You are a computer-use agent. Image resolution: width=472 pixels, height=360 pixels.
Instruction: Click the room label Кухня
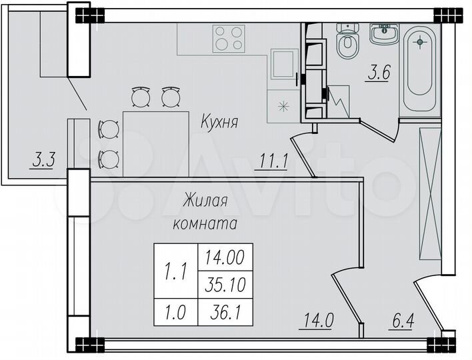[220, 122]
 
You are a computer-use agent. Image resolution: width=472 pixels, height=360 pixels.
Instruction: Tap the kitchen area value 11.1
[273, 161]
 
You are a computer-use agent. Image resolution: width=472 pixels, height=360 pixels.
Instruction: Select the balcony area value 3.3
[45, 160]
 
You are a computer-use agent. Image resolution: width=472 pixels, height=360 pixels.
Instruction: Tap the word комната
[205, 224]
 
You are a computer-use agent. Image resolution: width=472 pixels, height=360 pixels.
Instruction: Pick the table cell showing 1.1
[177, 271]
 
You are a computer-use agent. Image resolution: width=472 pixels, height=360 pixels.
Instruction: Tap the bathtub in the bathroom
[420, 70]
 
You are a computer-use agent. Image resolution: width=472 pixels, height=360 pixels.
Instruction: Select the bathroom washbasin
[385, 33]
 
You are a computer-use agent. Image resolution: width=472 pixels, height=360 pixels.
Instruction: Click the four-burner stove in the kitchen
[229, 38]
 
